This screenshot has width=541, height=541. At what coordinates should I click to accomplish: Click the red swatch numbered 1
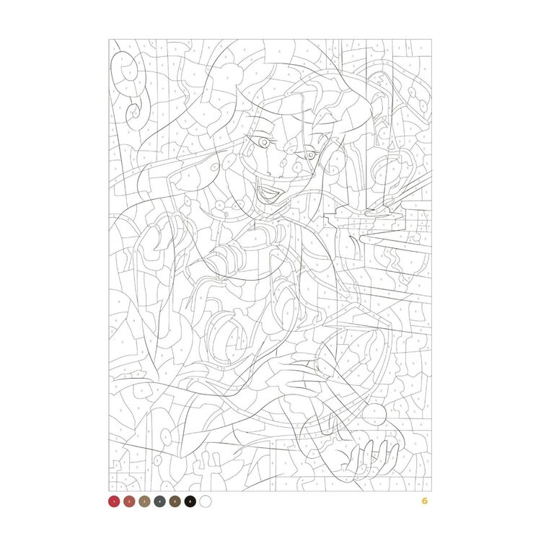pos(113,500)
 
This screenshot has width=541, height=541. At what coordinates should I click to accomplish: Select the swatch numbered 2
pos(128,500)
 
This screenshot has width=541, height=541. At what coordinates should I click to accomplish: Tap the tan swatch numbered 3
pos(144,500)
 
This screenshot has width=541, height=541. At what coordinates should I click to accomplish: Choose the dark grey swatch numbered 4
pos(159,500)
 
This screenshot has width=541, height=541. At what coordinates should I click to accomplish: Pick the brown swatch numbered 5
pos(174,500)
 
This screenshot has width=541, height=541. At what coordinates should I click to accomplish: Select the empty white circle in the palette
pos(205,500)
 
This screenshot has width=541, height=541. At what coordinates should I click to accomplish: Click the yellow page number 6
pos(425,500)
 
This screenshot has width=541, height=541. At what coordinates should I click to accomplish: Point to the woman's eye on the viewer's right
pos(310,153)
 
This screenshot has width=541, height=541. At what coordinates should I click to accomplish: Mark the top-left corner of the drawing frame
pos(109,39)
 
